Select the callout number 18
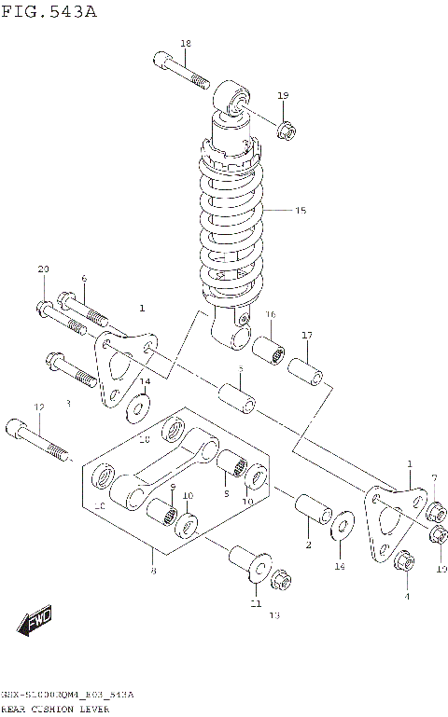[x=185, y=44]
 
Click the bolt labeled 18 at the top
[x=182, y=71]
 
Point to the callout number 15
[x=301, y=211]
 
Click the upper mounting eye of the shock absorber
[x=234, y=100]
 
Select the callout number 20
[x=43, y=269]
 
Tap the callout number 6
[x=84, y=278]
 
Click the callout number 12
[x=39, y=407]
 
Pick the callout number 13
[x=274, y=615]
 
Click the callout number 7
[x=434, y=479]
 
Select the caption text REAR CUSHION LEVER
[x=55, y=709]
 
